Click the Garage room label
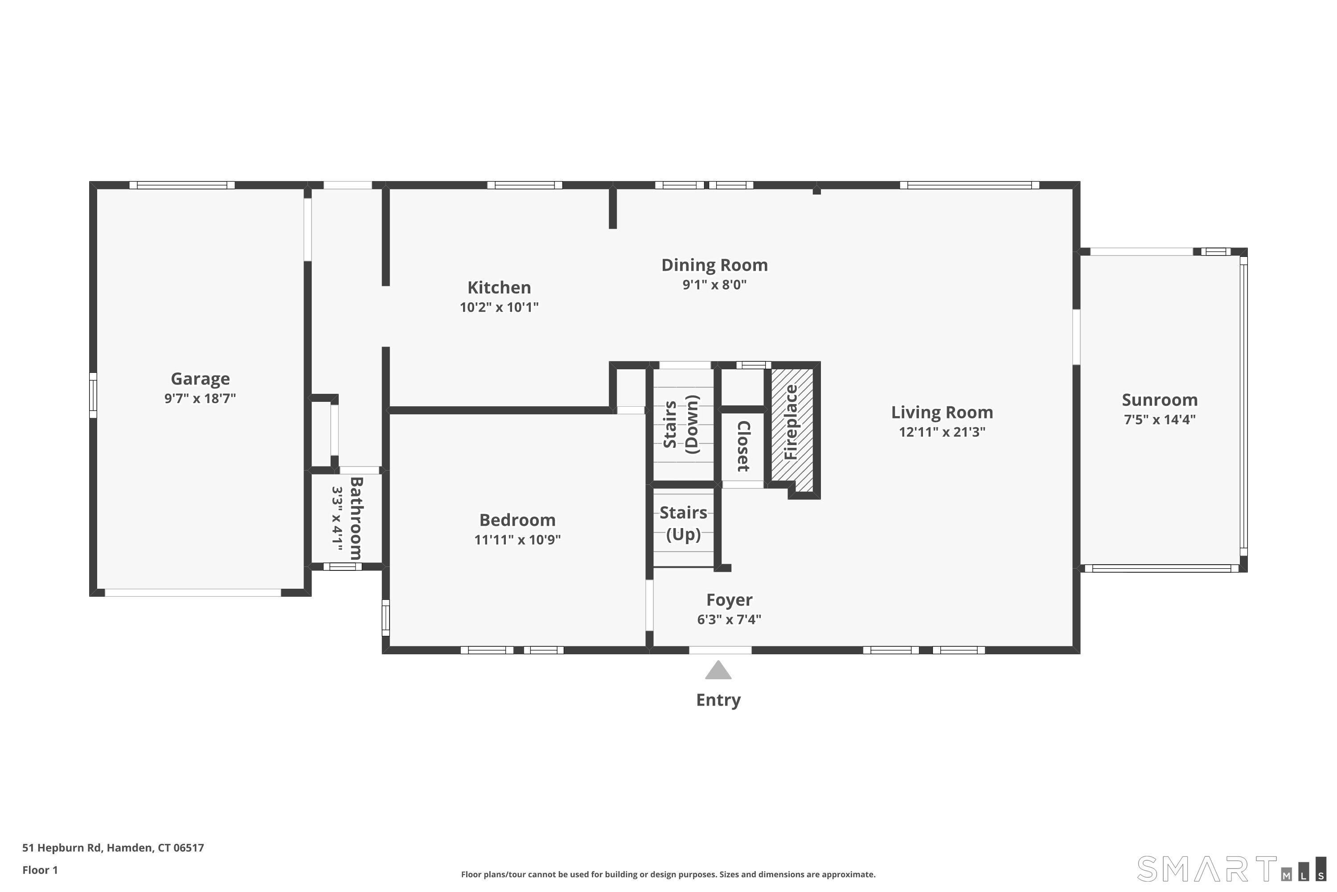click(200, 379)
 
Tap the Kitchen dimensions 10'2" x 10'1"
click(499, 308)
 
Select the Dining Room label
click(714, 265)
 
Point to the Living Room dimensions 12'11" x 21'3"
click(942, 432)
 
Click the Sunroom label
click(1159, 400)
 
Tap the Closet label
click(743, 446)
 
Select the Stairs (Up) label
click(683, 523)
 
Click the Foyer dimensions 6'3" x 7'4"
click(729, 619)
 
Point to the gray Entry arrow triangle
click(718, 671)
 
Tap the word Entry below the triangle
click(718, 700)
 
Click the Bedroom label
click(517, 520)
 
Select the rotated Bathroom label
click(356, 518)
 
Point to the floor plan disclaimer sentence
click(668, 874)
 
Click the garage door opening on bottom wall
click(193, 593)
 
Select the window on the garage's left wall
click(93, 395)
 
